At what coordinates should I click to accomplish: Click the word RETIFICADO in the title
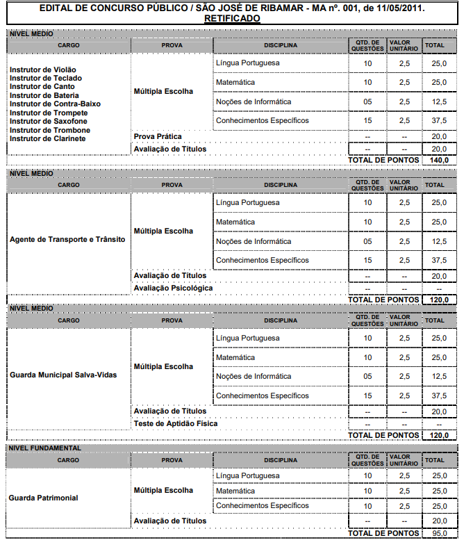point(232,19)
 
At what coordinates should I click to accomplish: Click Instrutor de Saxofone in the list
point(49,121)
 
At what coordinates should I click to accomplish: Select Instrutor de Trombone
point(49,130)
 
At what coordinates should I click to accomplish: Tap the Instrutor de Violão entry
point(43,70)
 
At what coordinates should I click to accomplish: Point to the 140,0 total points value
point(439,160)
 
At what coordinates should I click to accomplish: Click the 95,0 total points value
point(439,533)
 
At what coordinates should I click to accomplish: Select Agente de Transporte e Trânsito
point(67,239)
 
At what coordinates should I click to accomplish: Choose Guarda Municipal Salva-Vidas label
point(63,375)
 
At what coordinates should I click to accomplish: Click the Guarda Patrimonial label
point(43,498)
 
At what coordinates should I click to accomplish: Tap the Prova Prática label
point(158,137)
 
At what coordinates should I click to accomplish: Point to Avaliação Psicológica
point(173,288)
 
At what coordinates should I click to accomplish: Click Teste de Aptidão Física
point(175,423)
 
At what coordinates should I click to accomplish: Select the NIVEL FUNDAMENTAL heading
point(44,448)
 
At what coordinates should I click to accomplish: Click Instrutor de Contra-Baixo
point(55,104)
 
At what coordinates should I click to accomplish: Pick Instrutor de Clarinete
point(48,138)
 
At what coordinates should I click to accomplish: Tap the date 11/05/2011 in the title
point(399,8)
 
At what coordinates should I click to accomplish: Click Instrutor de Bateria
point(44,95)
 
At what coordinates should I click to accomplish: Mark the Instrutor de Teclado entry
point(45,78)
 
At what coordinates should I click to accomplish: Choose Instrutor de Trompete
point(49,113)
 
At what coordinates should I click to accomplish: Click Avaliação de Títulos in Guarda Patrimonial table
point(169,521)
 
